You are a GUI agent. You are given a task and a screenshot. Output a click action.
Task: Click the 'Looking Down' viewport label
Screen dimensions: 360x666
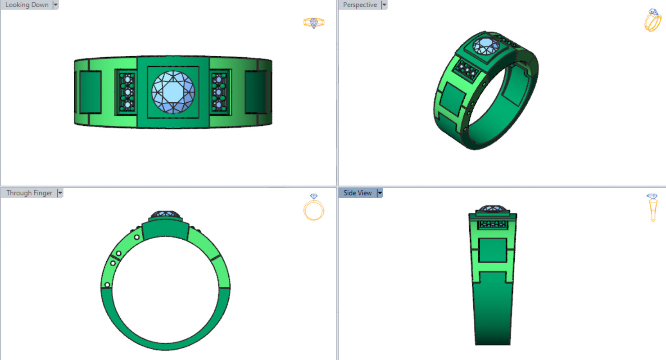(27, 5)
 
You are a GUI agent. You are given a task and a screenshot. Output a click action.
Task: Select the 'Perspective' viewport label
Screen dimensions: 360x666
(360, 5)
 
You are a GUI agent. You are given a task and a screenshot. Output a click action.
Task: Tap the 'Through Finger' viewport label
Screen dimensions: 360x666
(29, 193)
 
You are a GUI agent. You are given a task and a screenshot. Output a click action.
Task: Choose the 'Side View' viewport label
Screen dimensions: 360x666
(358, 193)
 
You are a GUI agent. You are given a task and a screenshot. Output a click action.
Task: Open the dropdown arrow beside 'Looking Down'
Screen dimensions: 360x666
(55, 5)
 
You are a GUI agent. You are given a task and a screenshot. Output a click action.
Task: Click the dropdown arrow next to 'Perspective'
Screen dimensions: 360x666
(384, 5)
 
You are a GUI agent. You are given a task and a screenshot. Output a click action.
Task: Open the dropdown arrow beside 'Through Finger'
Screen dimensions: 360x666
(60, 193)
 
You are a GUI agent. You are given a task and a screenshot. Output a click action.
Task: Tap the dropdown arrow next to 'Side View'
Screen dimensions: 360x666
(380, 193)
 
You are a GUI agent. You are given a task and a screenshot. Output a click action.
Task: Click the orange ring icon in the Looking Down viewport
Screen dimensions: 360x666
(314, 23)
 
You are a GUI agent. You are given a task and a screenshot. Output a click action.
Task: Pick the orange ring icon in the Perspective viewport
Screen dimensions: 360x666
(652, 20)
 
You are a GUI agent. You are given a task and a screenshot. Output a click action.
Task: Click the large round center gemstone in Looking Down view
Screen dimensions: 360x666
(173, 92)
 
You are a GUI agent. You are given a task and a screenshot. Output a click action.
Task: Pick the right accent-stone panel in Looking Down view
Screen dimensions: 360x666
(219, 92)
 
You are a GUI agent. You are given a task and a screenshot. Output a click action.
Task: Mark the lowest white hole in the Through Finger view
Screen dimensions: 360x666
(107, 285)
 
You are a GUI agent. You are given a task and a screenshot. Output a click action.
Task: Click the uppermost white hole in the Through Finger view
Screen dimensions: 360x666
(136, 237)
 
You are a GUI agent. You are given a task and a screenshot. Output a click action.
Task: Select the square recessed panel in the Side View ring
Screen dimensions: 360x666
(492, 251)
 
